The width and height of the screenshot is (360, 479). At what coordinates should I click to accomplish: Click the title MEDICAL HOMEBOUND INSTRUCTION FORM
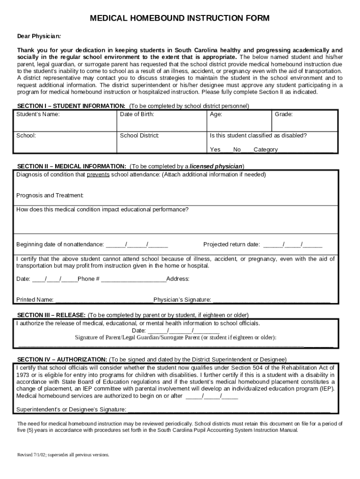click(x=180, y=18)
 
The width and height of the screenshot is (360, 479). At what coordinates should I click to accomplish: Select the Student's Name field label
click(x=38, y=114)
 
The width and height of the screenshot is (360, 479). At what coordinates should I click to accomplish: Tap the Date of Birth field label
click(x=137, y=114)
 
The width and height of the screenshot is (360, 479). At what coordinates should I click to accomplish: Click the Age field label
click(x=216, y=114)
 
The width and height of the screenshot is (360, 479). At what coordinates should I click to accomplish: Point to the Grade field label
click(x=283, y=114)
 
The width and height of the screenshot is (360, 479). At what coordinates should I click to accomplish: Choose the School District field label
click(x=140, y=136)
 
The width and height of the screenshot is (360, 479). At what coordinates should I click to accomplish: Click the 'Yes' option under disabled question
click(x=215, y=150)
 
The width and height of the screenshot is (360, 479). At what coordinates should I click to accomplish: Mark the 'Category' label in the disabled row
click(x=266, y=150)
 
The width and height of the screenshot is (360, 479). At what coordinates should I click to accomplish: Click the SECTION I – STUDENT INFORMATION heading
click(x=71, y=106)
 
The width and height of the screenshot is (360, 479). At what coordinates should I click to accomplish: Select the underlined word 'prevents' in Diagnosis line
click(x=98, y=174)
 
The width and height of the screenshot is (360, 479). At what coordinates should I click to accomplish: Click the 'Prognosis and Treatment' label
click(x=50, y=195)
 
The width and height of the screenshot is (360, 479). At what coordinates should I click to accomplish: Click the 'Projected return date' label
click(x=231, y=244)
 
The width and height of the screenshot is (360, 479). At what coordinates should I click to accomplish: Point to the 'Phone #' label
click(x=88, y=279)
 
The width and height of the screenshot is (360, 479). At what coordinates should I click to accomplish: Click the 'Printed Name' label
click(x=35, y=300)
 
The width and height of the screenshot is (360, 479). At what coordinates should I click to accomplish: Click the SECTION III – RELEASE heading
click(x=51, y=315)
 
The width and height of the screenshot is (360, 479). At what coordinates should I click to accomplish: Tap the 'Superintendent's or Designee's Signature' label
click(x=71, y=409)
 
